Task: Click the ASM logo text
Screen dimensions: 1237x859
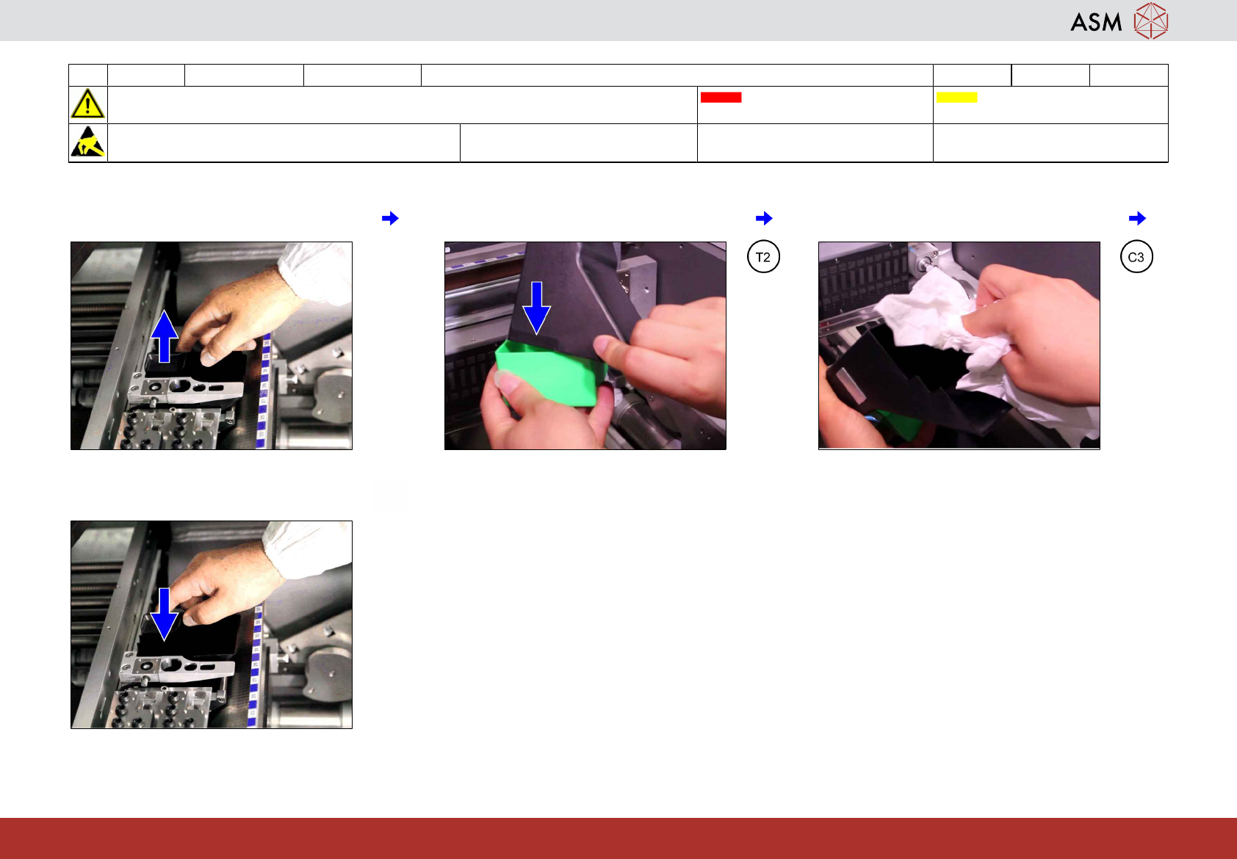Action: point(1096,22)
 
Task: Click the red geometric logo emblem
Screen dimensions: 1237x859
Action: point(1151,21)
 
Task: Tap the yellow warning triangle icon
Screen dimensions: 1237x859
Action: point(87,104)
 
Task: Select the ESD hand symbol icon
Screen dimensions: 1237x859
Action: point(88,142)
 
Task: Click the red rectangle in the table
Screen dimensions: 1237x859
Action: point(721,97)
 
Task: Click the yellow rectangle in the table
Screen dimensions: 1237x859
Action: point(956,97)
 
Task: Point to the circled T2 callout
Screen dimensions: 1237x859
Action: point(763,257)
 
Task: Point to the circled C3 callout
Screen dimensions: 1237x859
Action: point(1136,257)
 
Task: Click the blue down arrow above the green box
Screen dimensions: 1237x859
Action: point(536,308)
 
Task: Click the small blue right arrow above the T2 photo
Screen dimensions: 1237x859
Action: point(764,218)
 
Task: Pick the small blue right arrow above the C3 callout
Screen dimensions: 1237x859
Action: point(1137,218)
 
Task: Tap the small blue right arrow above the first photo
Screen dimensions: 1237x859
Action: point(390,218)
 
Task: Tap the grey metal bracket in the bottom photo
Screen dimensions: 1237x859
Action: point(178,667)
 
